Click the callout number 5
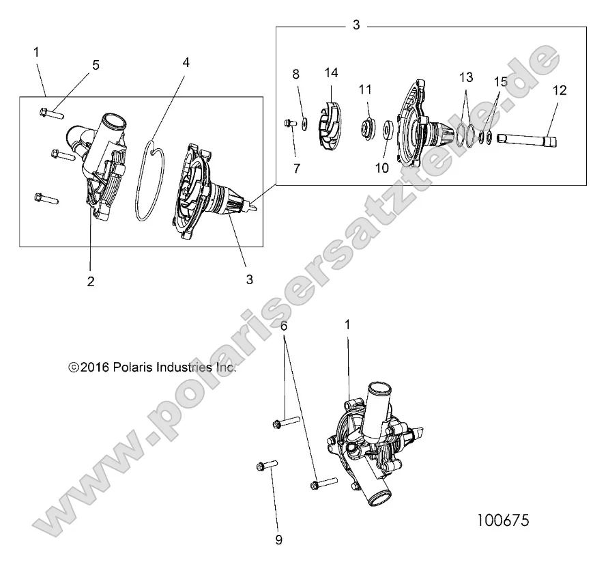96,66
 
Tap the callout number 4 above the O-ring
186,62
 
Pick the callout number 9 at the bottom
278,540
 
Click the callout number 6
284,327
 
